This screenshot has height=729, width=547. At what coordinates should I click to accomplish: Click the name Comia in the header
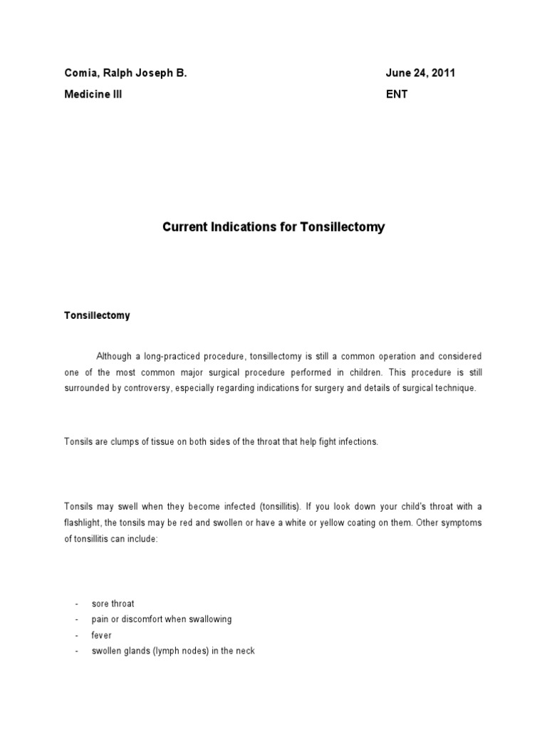pos(80,73)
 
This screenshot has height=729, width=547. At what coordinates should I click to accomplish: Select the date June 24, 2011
pos(420,73)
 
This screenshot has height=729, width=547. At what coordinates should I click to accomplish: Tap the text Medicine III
pos(93,94)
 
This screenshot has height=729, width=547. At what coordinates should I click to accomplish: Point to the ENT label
pos(397,94)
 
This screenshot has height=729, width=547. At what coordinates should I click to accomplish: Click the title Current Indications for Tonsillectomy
pos(273,228)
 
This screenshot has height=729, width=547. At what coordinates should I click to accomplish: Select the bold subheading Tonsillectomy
pos(97,315)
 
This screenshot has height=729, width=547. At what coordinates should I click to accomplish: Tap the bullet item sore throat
pos(113,604)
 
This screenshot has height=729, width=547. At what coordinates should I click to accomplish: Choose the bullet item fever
pos(102,635)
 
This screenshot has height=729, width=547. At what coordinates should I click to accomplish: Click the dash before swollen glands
pos(75,651)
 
